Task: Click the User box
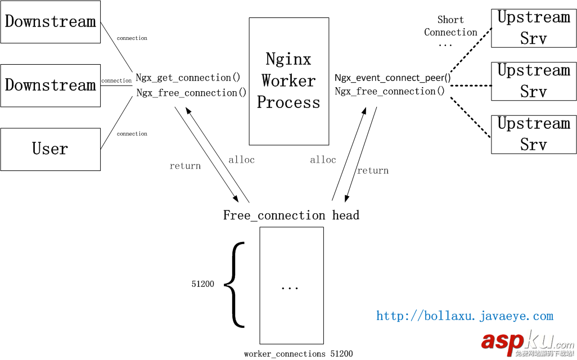[50, 149]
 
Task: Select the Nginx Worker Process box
[288, 81]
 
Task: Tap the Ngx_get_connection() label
[188, 78]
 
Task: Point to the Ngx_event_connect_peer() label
[393, 78]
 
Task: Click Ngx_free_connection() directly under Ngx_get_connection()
[191, 93]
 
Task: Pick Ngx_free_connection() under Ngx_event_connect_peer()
[390, 91]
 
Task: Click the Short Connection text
[450, 26]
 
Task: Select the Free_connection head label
[291, 215]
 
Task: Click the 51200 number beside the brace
[202, 284]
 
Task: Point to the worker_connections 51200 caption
[298, 354]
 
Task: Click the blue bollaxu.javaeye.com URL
[465, 316]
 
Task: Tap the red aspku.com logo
[526, 341]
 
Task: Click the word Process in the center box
[288, 103]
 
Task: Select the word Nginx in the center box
[288, 59]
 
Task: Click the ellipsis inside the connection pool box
[290, 287]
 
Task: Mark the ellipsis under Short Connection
[445, 44]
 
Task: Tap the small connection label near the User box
[132, 134]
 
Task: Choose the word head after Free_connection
[345, 215]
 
